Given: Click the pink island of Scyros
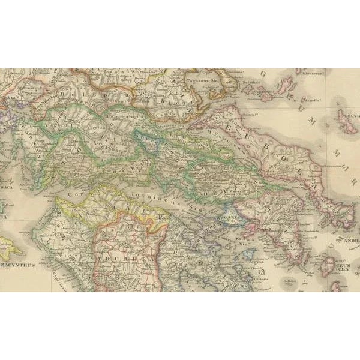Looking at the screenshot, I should pos(347,121).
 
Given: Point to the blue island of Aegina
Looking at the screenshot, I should pos(251,251).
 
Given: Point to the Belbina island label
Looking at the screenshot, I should pos(288,280).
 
